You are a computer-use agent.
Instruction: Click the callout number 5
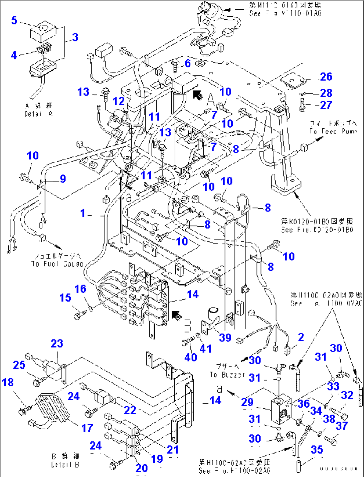tap(14, 20)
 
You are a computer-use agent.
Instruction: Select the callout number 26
tap(326, 77)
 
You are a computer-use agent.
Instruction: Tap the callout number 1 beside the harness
tap(83, 213)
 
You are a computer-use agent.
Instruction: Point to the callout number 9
tap(63, 179)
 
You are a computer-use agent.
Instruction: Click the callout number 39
tap(225, 338)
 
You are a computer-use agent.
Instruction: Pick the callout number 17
tap(87, 428)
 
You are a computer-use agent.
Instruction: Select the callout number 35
tap(317, 450)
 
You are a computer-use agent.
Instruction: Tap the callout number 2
tap(301, 337)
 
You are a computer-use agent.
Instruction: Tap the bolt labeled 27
tap(303, 105)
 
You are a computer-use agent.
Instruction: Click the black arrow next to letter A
tap(198, 95)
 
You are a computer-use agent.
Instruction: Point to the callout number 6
tap(188, 63)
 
